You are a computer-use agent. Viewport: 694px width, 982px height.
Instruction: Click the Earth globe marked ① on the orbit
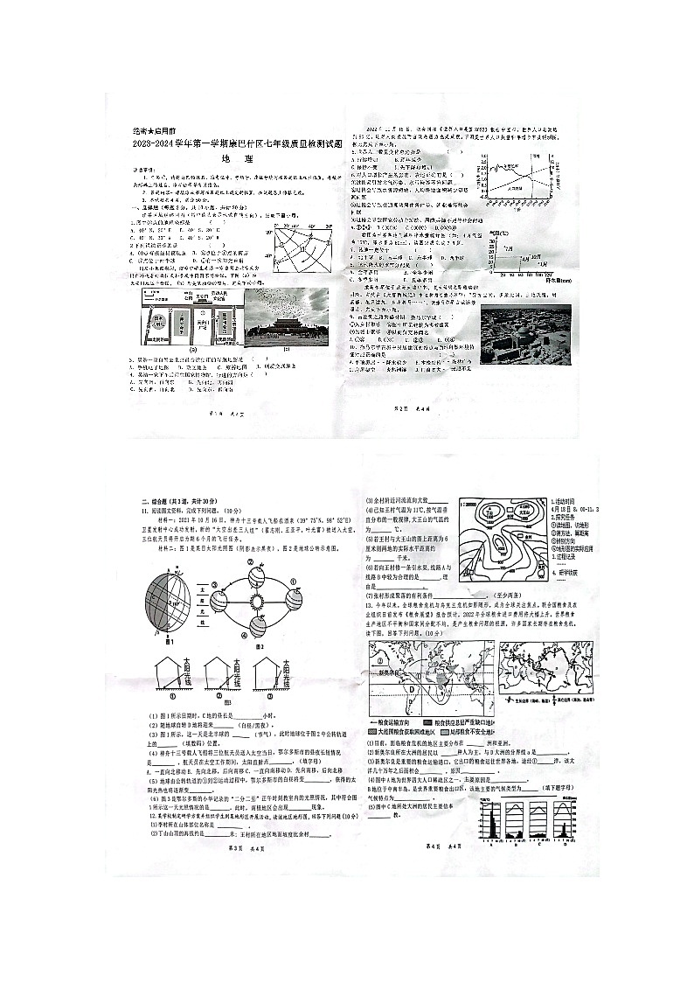coord(257,573)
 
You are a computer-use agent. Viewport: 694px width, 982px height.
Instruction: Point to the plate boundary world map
coord(546,669)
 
